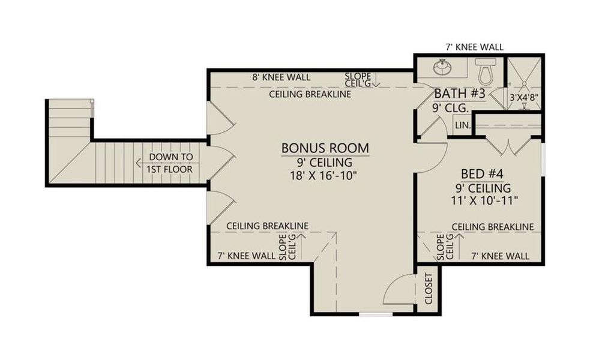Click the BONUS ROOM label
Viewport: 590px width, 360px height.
pyautogui.click(x=325, y=148)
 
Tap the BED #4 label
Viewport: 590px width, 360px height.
pyautogui.click(x=481, y=174)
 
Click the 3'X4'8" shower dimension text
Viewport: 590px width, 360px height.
pyautogui.click(x=524, y=96)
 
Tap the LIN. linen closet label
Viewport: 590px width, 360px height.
pyautogui.click(x=462, y=125)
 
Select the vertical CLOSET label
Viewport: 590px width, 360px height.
pyautogui.click(x=429, y=289)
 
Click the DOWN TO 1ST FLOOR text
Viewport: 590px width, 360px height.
pyautogui.click(x=172, y=163)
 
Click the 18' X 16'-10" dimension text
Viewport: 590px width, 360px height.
pyautogui.click(x=326, y=175)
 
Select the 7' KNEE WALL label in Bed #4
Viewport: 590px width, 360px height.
pyautogui.click(x=501, y=256)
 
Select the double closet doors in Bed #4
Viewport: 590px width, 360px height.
pyautogui.click(x=508, y=145)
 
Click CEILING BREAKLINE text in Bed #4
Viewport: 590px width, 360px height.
pyautogui.click(x=492, y=227)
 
